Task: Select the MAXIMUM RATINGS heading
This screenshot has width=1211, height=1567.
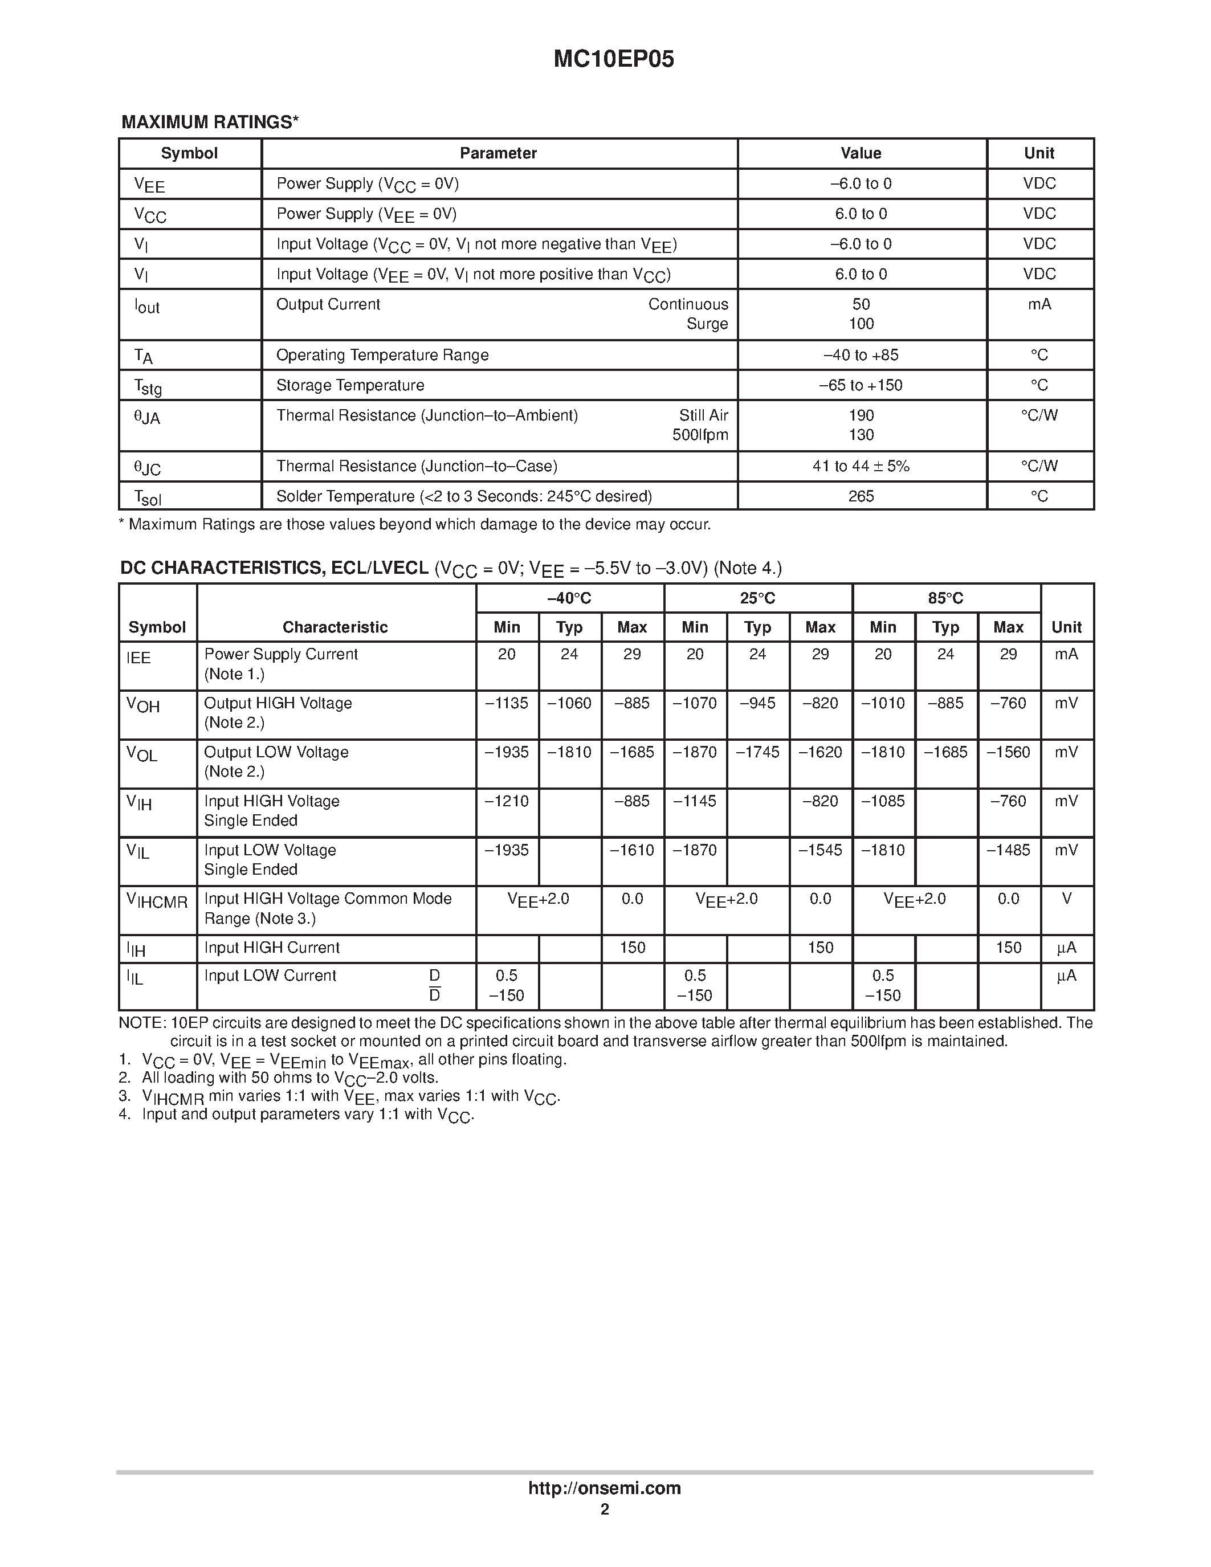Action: click(210, 122)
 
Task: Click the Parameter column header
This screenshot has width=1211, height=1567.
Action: click(498, 153)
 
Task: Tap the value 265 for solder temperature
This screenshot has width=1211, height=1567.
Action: click(861, 496)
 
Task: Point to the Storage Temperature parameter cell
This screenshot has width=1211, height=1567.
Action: click(350, 385)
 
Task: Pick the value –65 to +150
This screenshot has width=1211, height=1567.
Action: click(861, 385)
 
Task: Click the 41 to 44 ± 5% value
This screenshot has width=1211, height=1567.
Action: click(861, 466)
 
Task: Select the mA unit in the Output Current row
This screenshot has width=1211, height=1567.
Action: click(1039, 304)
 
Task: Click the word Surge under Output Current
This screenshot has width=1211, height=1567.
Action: click(707, 324)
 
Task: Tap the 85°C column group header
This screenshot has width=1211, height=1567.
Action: click(945, 598)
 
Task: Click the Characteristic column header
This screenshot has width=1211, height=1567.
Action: click(335, 627)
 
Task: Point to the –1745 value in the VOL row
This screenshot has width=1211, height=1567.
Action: click(757, 752)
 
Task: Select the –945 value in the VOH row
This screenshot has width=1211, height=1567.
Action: click(757, 703)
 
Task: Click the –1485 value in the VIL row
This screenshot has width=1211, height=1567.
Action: click(1008, 850)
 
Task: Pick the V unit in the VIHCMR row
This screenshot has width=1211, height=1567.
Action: click(1066, 899)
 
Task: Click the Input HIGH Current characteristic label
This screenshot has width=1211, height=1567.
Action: click(272, 948)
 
